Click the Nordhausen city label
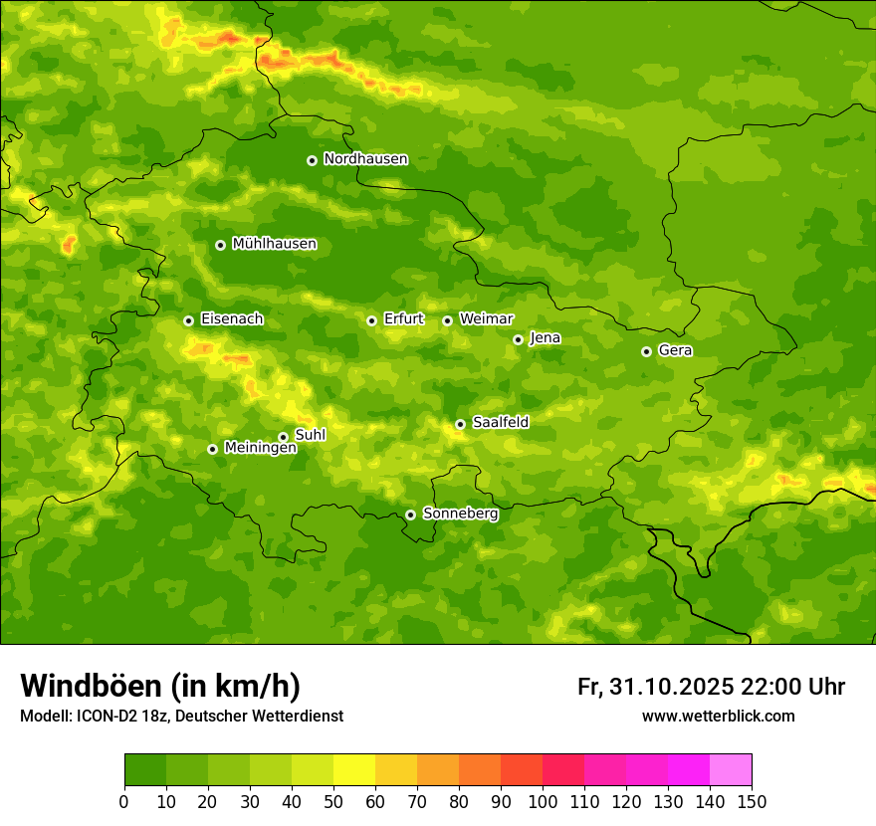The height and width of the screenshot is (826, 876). click(365, 159)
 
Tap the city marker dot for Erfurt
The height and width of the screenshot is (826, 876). click(371, 320)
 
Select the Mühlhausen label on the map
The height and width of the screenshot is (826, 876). click(274, 244)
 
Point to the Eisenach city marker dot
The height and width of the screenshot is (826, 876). click(188, 320)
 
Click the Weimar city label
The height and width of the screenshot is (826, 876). click(486, 319)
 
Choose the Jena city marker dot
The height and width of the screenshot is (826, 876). click(518, 339)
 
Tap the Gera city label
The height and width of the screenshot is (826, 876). click(675, 350)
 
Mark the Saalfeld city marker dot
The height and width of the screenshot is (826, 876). click(460, 424)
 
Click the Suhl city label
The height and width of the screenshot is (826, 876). click(311, 435)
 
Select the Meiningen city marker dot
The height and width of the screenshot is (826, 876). click(212, 449)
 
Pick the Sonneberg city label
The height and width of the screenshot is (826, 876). click(460, 514)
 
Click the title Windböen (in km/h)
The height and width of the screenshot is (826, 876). click(160, 686)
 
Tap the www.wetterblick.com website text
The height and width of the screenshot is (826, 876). click(718, 716)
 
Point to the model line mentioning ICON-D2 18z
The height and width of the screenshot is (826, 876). click(181, 716)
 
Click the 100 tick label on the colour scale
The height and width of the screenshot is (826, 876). click(543, 802)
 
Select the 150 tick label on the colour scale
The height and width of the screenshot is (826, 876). click(752, 802)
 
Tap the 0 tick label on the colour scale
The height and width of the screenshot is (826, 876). click(124, 802)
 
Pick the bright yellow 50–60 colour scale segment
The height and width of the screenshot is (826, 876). click(354, 770)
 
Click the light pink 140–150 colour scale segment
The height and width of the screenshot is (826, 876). click(731, 770)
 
